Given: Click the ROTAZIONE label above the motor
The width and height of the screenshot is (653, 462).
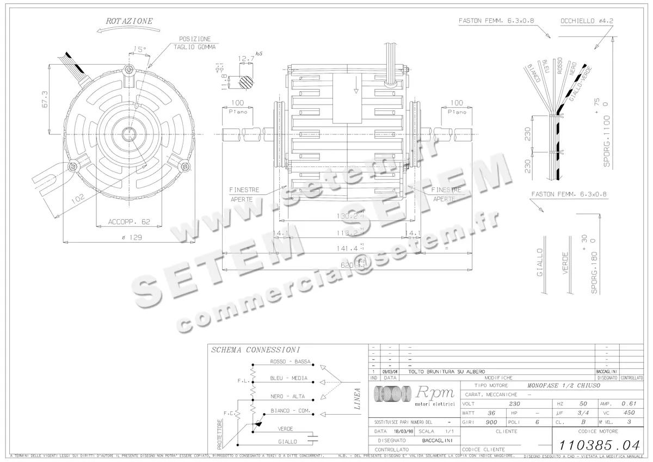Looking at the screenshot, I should pos(129,21).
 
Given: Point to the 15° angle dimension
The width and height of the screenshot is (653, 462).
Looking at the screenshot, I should pos(140,50).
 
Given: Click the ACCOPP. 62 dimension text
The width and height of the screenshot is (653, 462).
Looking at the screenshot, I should pos(129,221).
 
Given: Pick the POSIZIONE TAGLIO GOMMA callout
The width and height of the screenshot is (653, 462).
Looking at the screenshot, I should pos(195,43).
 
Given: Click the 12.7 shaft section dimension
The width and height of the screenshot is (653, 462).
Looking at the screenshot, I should pos(247,58).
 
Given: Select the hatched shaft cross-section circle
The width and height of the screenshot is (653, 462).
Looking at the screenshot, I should pos(247,81).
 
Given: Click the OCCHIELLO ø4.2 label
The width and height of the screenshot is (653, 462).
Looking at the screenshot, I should pos(587,21).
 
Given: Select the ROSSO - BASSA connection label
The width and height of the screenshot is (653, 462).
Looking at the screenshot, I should pos(290,362).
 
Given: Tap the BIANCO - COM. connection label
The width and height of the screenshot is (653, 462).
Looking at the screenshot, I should pos(290,411).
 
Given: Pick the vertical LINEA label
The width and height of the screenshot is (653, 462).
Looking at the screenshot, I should pos(357,399).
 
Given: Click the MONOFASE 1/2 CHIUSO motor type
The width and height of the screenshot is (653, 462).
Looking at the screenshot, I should pos(564,385).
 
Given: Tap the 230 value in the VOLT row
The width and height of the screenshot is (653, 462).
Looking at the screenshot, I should pos(514,404).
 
